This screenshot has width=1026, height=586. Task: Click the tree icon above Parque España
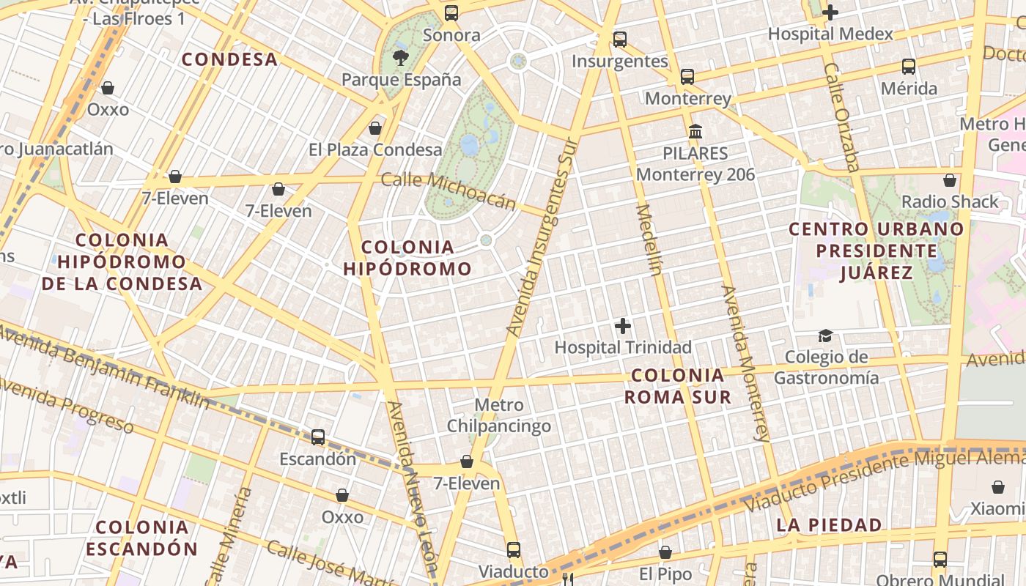click(400, 57)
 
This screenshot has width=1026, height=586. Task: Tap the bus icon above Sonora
click(451, 12)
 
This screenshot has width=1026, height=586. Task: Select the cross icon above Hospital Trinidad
click(623, 326)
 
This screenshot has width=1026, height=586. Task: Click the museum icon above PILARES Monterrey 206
click(695, 132)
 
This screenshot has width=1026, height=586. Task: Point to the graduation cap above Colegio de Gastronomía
click(826, 335)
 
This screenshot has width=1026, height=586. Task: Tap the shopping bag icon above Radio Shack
click(950, 179)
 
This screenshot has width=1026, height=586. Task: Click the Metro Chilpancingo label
click(499, 415)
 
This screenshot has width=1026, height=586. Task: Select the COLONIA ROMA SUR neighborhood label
click(677, 386)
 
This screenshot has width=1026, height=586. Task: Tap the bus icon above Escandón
click(318, 437)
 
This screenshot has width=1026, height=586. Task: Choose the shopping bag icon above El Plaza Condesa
click(375, 128)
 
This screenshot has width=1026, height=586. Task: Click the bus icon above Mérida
click(909, 67)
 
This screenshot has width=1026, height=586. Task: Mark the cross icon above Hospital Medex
click(830, 12)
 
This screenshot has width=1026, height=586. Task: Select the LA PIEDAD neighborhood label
click(829, 524)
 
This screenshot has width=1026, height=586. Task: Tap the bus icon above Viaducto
click(514, 549)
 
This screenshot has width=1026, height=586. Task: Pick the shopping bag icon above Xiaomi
click(997, 487)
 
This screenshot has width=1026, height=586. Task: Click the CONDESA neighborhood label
click(229, 59)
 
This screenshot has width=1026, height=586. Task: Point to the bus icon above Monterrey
click(687, 76)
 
